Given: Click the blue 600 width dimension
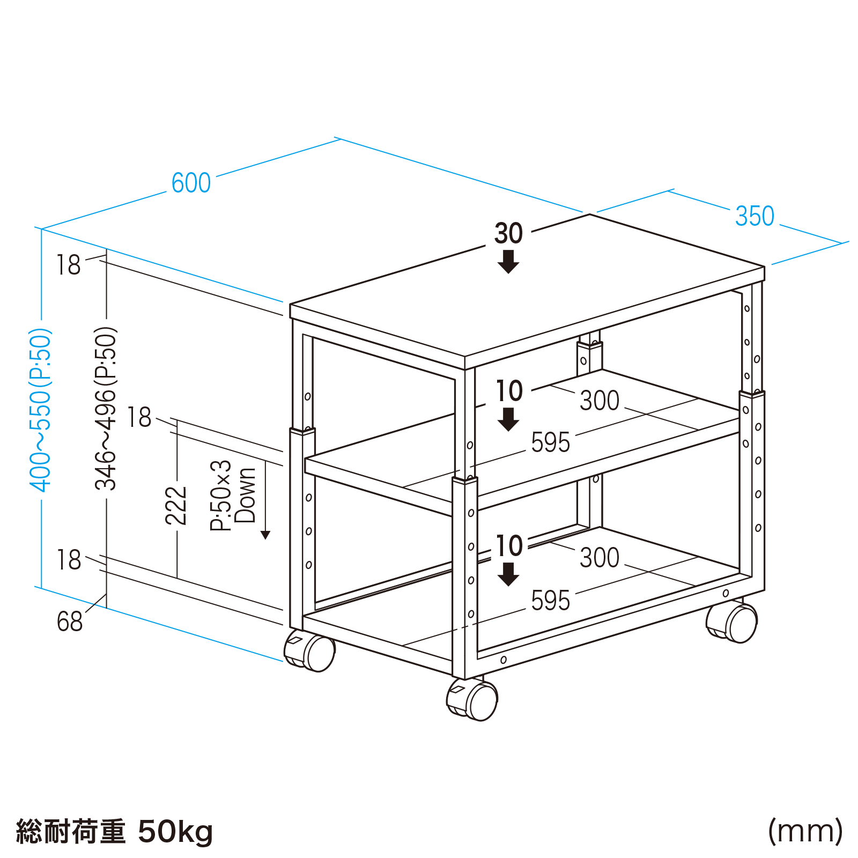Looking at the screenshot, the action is (x=191, y=183).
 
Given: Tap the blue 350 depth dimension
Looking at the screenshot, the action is (x=755, y=216).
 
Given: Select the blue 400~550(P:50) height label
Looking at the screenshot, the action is (x=41, y=410).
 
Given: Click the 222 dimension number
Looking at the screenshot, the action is (x=176, y=505).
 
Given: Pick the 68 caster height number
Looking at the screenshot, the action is (x=70, y=622).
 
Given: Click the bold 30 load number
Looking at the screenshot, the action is (x=508, y=234).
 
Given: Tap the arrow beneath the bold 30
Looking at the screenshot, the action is (x=508, y=262).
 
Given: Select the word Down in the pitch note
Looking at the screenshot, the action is (x=246, y=495).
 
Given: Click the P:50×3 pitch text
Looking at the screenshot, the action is (x=220, y=495).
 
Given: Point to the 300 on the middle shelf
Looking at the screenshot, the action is (x=600, y=401).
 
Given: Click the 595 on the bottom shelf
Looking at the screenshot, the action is (x=551, y=601).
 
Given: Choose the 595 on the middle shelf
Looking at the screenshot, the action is (x=551, y=443).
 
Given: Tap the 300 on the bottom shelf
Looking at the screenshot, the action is (x=600, y=558).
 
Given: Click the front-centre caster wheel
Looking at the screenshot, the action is (x=472, y=699).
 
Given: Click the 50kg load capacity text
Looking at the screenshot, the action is (x=175, y=832).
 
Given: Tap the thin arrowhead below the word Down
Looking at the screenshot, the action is (x=265, y=535).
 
